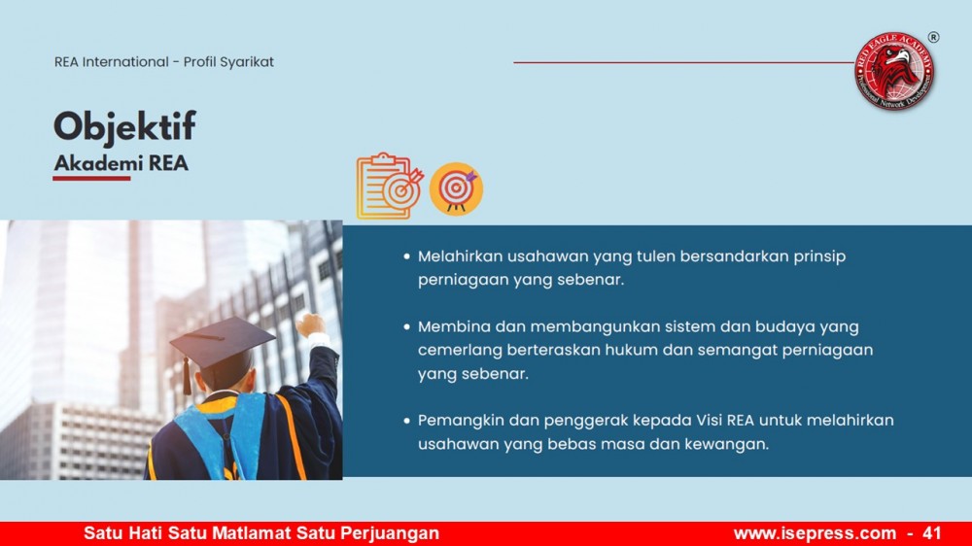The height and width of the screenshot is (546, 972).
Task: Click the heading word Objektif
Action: [x=124, y=127]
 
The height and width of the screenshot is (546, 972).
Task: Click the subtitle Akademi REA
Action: [x=121, y=163]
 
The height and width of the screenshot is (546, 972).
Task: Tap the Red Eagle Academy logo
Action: [x=894, y=71]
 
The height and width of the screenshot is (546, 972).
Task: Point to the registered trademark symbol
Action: [x=933, y=37]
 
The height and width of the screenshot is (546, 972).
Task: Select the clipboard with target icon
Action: [x=390, y=186]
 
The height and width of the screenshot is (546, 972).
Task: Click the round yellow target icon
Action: [x=456, y=189]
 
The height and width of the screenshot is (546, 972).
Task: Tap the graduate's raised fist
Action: [x=310, y=324]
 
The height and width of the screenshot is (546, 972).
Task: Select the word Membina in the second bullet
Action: [x=454, y=326]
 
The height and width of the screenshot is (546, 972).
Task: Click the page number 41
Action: [x=932, y=533]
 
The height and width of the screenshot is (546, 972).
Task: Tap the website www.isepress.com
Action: [x=815, y=533]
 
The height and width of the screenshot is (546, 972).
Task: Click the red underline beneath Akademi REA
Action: [x=91, y=179]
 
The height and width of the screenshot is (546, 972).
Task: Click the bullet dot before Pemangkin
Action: [x=406, y=421]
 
